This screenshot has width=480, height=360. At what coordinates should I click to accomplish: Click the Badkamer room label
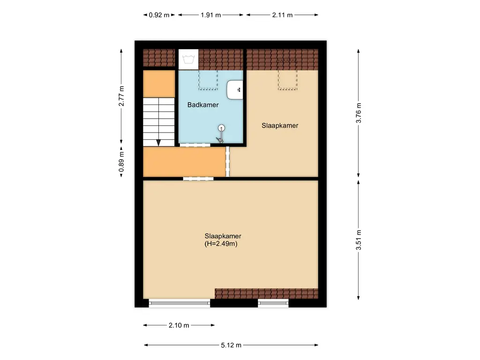(203, 105)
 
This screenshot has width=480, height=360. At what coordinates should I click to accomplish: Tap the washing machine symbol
(188, 59)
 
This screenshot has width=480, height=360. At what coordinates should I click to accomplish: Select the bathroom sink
(235, 90)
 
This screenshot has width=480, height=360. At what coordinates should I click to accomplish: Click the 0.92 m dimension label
(159, 15)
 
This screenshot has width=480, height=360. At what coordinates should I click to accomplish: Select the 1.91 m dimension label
(210, 15)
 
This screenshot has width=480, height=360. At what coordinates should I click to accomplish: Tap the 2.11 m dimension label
(282, 15)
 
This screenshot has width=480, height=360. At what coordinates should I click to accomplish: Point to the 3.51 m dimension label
(359, 240)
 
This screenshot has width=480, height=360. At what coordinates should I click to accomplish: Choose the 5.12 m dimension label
(231, 345)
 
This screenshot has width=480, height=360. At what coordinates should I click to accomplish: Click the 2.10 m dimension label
(179, 325)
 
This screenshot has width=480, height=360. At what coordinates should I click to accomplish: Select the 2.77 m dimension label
(121, 96)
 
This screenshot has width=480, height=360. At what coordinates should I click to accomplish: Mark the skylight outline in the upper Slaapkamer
(287, 75)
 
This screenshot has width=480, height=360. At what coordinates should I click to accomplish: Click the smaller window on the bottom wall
(273, 303)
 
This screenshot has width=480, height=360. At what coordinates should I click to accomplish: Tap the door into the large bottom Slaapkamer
(198, 178)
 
